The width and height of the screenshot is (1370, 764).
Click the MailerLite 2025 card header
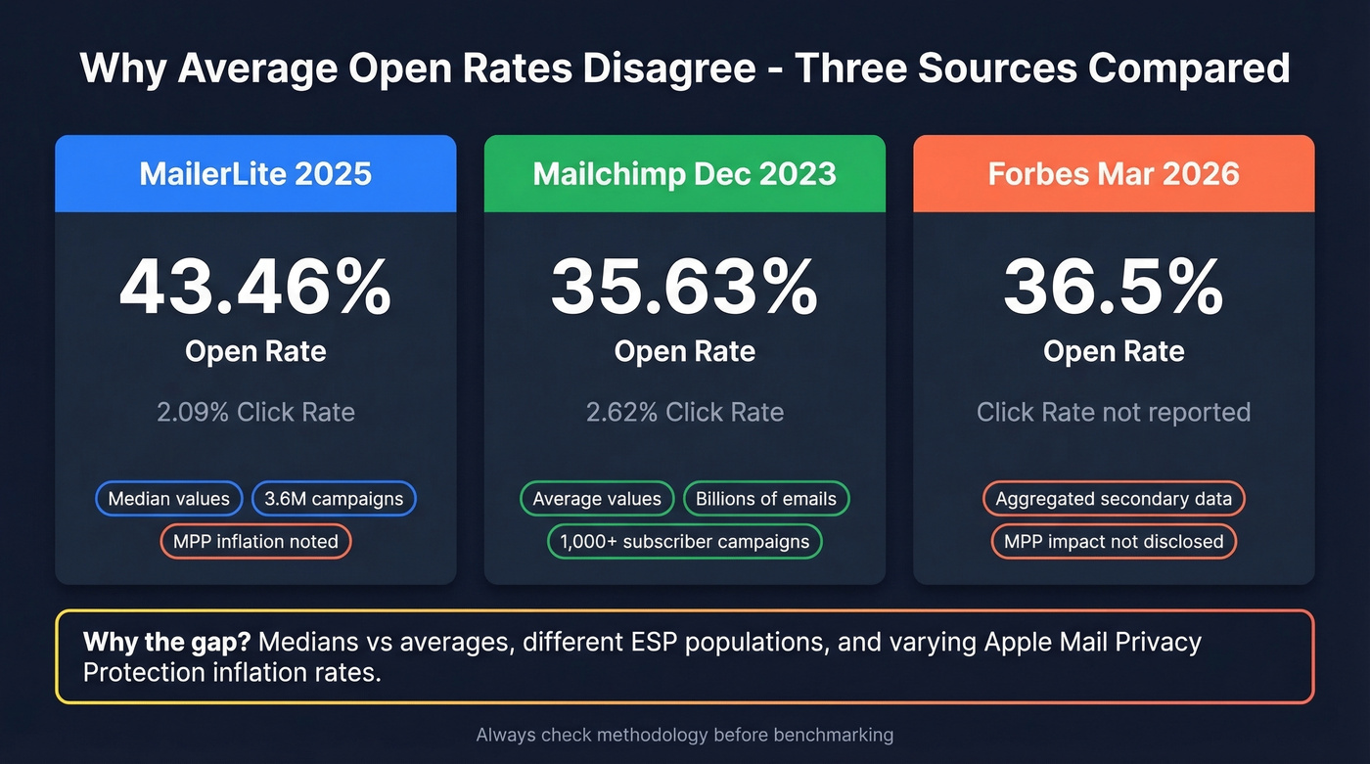tap(255, 174)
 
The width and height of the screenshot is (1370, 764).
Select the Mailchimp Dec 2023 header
tap(684, 174)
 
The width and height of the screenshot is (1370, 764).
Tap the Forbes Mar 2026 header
tap(1114, 174)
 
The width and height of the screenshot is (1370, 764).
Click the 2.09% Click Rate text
tap(255, 412)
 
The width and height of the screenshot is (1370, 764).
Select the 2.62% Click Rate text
tap(684, 412)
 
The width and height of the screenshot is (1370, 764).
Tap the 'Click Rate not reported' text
tap(1114, 412)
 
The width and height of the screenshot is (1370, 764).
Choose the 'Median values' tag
tap(168, 499)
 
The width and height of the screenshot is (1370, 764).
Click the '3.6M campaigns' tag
tap(334, 499)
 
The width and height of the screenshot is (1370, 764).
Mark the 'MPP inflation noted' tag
tap(255, 541)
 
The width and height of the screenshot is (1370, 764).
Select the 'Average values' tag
tap(597, 499)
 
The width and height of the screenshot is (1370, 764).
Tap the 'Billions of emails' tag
tap(766, 499)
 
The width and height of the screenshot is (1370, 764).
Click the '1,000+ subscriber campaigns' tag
tap(684, 541)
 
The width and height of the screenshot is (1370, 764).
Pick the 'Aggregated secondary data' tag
tap(1114, 499)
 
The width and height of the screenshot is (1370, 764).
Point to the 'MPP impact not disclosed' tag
tap(1114, 541)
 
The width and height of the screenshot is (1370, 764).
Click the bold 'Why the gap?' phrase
tap(167, 643)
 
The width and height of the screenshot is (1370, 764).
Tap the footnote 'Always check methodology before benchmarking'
tap(684, 735)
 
